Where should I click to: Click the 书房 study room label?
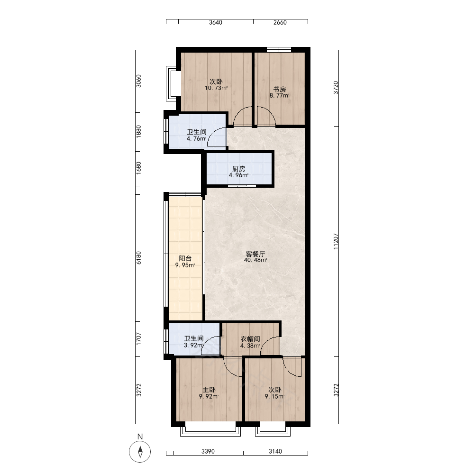pyautogui.click(x=280, y=89)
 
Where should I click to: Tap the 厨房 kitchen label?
pyautogui.click(x=239, y=169)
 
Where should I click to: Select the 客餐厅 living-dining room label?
pyautogui.click(x=255, y=254)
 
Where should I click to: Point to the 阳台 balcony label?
pyautogui.click(x=185, y=258)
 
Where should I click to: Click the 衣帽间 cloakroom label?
pyautogui.click(x=250, y=339)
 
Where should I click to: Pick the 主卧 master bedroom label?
pyautogui.click(x=209, y=390)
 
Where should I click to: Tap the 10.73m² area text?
pyautogui.click(x=216, y=88)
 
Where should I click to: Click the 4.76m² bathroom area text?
pyautogui.click(x=197, y=139)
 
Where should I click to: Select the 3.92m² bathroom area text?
pyautogui.click(x=194, y=345)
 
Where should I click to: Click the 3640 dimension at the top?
pyautogui.click(x=216, y=22)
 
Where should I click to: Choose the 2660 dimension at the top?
pyautogui.click(x=280, y=22)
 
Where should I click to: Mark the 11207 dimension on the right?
pyautogui.click(x=336, y=241)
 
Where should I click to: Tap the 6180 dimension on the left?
pyautogui.click(x=139, y=258)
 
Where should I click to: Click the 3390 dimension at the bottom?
pyautogui.click(x=208, y=451)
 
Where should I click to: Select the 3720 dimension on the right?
pyautogui.click(x=336, y=88)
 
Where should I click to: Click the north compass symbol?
pyautogui.click(x=140, y=452)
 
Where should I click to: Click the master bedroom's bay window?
pyautogui.click(x=210, y=429)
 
